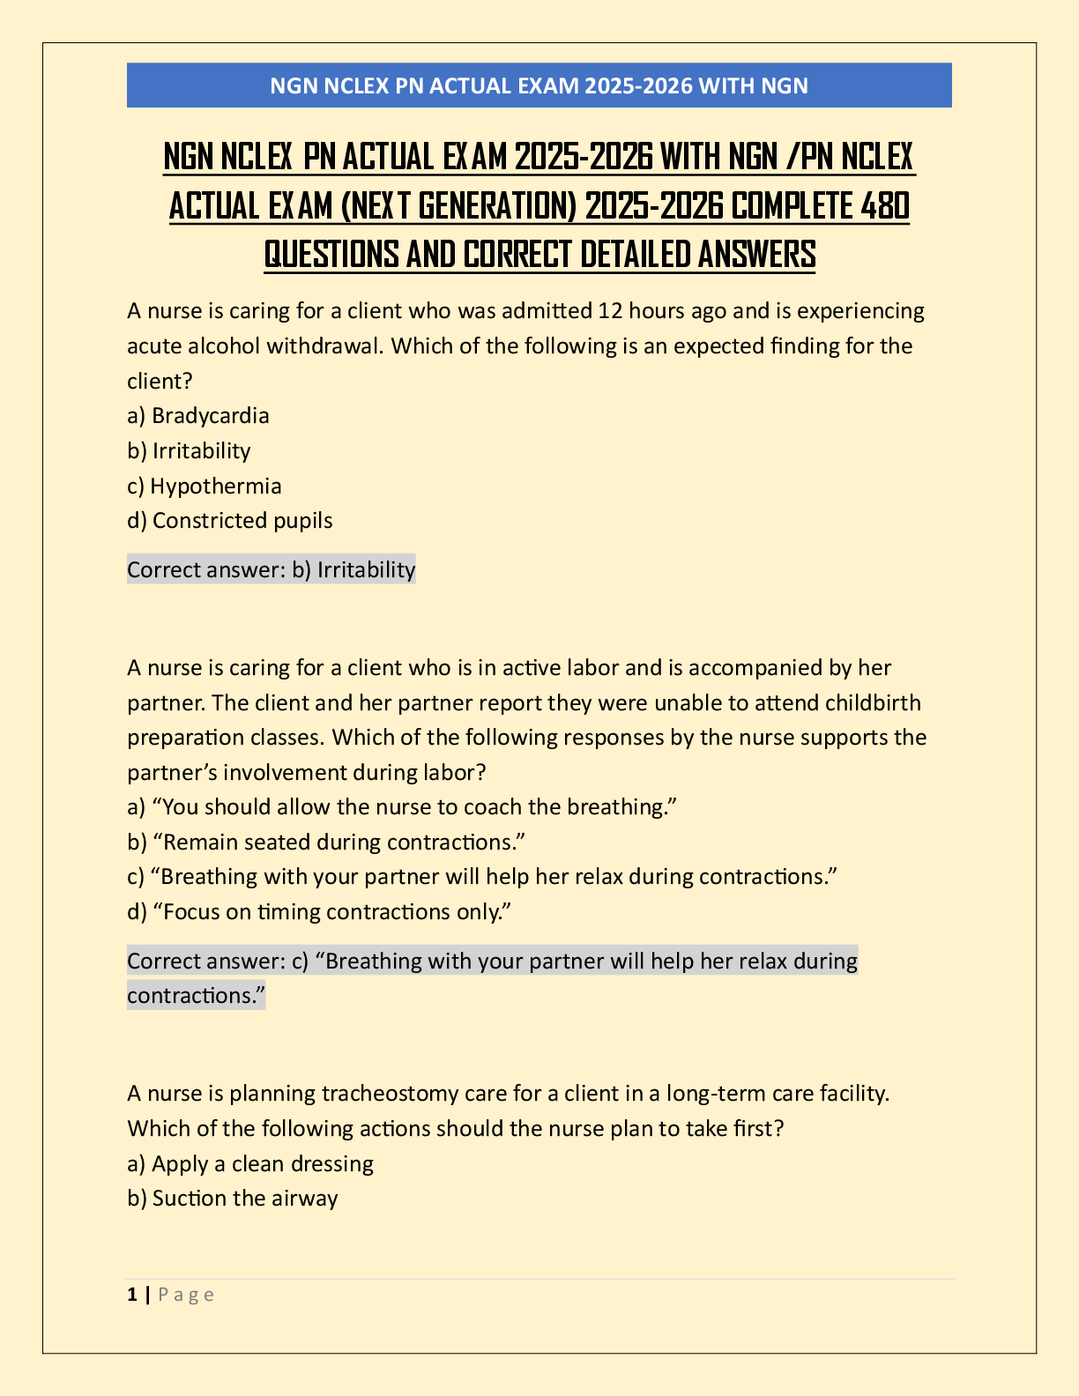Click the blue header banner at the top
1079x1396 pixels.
pos(539,85)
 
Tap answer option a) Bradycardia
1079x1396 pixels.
pos(198,415)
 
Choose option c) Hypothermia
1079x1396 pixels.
pos(205,486)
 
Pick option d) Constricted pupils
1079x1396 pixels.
pos(230,520)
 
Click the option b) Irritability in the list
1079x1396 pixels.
pos(190,450)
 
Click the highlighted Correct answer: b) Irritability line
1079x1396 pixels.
pos(271,569)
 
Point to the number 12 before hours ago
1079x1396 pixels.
pos(610,310)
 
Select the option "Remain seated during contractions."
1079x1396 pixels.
pos(326,842)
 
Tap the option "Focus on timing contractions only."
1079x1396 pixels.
pos(320,911)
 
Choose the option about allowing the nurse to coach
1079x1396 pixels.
pos(401,806)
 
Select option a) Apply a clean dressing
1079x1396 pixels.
pos(250,1163)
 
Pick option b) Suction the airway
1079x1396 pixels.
pos(233,1198)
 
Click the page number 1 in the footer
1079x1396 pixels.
pos(132,1294)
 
